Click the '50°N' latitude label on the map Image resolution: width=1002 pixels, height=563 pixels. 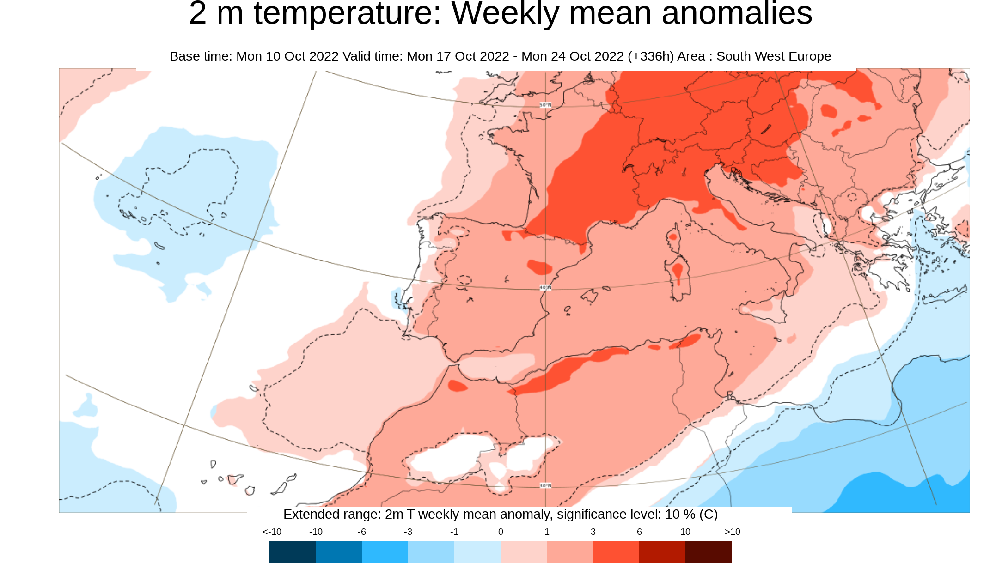point(545,105)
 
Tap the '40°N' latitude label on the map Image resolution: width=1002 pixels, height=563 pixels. point(545,288)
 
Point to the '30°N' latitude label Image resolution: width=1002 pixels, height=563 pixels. point(545,486)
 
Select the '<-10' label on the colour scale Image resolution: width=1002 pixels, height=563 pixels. point(272,532)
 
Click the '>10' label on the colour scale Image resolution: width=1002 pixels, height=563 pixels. point(733,532)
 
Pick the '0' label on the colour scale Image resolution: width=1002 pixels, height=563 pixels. point(501,532)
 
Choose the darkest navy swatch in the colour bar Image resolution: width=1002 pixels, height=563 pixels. point(293,552)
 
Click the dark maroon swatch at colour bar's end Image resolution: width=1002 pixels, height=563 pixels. point(709,552)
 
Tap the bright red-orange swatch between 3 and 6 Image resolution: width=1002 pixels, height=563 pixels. point(616,552)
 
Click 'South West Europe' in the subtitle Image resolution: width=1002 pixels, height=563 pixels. point(774,56)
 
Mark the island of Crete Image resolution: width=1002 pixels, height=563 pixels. point(945,296)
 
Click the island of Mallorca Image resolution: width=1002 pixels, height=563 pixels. point(590,296)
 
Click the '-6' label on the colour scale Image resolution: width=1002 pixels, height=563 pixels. point(362,532)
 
